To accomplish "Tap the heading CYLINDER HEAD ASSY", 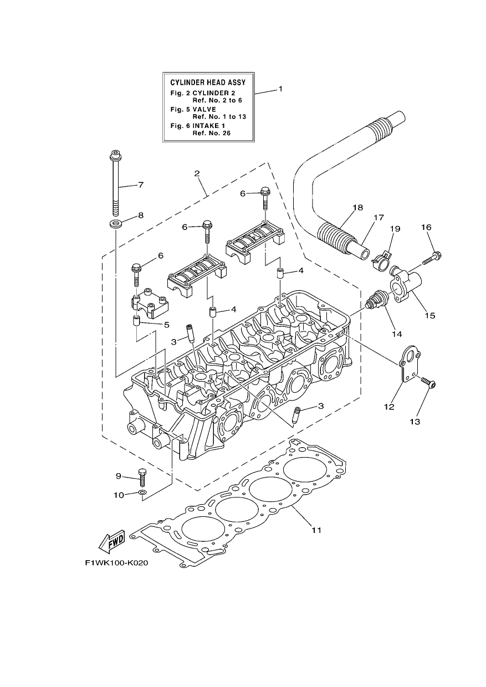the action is click(208, 83).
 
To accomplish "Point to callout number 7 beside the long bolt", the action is click(141, 185).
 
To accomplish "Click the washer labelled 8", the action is click(115, 223).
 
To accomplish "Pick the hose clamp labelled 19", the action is click(381, 259).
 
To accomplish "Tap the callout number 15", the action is click(430, 315).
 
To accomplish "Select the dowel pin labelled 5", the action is click(136, 321).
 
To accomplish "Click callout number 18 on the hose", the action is click(357, 208).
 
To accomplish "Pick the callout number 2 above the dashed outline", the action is click(197, 173).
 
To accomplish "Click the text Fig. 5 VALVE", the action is click(193, 109).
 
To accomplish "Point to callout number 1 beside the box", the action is click(280, 89).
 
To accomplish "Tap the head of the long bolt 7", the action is click(115, 155).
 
